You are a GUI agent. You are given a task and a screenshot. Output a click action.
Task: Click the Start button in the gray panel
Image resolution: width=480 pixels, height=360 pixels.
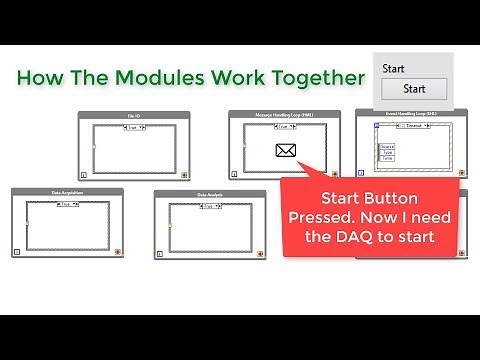point(414,89)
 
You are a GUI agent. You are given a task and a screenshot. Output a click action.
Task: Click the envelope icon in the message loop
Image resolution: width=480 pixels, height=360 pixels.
point(287,152)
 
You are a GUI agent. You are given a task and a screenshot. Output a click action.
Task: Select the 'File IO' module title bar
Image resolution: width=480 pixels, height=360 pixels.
point(133,117)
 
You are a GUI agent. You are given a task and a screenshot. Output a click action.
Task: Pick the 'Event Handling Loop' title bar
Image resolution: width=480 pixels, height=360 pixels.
point(411,114)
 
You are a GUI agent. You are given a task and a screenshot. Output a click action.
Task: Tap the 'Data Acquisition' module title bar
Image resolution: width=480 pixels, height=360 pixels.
point(67,193)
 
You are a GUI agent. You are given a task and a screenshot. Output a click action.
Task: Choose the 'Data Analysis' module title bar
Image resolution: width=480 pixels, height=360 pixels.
point(208,194)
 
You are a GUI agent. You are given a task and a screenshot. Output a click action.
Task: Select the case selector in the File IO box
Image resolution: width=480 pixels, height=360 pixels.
point(133,128)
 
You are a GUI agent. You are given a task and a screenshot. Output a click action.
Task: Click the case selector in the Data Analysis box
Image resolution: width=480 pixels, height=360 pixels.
point(208,205)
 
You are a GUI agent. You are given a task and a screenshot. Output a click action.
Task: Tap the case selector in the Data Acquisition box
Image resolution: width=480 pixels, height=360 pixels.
point(67,204)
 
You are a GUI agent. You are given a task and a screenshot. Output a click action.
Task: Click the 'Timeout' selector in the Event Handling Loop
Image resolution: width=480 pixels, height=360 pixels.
point(413,126)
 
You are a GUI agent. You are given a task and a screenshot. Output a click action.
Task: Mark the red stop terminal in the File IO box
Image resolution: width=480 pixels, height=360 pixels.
point(184,172)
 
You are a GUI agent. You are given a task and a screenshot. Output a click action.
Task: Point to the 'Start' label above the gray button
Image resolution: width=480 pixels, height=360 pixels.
point(394,67)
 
